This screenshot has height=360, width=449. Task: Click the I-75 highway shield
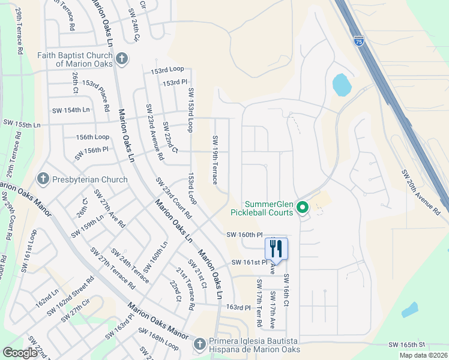tap(358, 41)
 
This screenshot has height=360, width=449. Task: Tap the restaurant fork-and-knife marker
tap(276, 248)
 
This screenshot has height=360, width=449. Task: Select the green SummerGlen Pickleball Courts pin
tap(303, 208)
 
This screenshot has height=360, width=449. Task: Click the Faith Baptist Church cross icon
tap(122, 59)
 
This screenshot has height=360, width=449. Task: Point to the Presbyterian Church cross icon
tap(43, 179)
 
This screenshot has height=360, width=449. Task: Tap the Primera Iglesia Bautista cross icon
tap(199, 344)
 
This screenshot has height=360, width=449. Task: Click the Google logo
tap(20, 353)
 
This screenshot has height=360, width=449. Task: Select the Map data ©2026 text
tap(423, 355)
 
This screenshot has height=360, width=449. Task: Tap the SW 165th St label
tap(406, 345)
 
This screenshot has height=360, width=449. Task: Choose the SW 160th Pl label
tap(244, 235)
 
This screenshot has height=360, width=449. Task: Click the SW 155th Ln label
tap(24, 125)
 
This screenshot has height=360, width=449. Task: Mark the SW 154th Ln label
tap(71, 110)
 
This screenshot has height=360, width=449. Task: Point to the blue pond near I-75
tap(342, 85)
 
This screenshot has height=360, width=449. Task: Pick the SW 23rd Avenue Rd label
tap(154, 132)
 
